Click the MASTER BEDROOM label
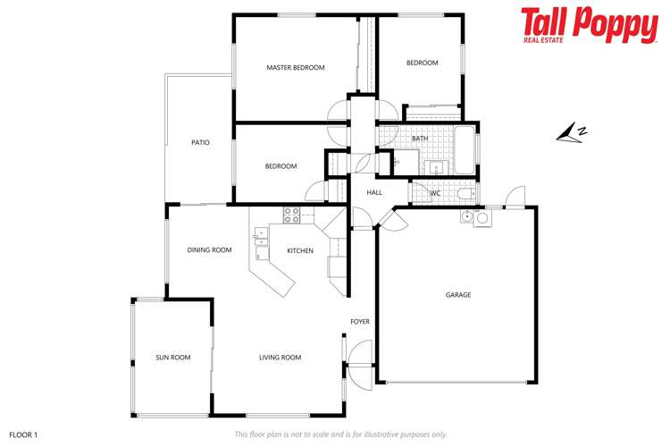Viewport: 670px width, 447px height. pyautogui.click(x=296, y=68)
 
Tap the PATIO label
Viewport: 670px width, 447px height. pyautogui.click(x=200, y=142)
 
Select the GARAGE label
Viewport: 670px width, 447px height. pyautogui.click(x=458, y=295)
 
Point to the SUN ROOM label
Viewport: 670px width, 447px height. pyautogui.click(x=173, y=358)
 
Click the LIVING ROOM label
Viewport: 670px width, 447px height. pyautogui.click(x=280, y=358)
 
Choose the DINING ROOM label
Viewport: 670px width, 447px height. pyautogui.click(x=209, y=250)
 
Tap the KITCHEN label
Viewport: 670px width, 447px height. pyautogui.click(x=300, y=250)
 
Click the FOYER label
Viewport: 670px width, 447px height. pyautogui.click(x=360, y=322)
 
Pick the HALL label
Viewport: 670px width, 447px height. pyautogui.click(x=374, y=192)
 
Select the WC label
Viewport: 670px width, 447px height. pyautogui.click(x=436, y=193)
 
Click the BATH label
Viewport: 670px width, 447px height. pyautogui.click(x=420, y=139)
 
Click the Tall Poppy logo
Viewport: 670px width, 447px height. pyautogui.click(x=589, y=25)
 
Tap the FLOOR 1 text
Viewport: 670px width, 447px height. pyautogui.click(x=23, y=434)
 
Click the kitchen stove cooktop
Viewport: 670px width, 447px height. pyautogui.click(x=291, y=215)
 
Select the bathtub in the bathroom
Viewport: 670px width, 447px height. pyautogui.click(x=465, y=150)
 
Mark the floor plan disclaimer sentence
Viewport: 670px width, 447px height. pyautogui.click(x=340, y=434)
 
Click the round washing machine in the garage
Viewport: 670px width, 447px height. pyautogui.click(x=482, y=217)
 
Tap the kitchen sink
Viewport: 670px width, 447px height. pyautogui.click(x=260, y=237)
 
